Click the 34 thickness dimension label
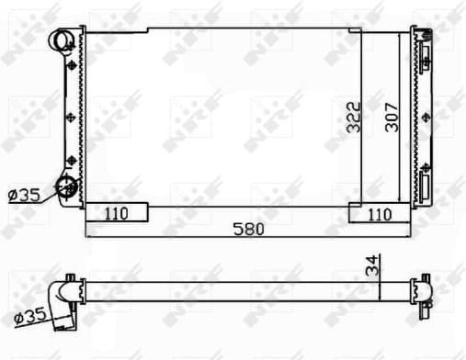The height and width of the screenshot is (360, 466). pyautogui.click(x=372, y=265)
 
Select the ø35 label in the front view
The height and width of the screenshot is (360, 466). pyautogui.click(x=23, y=195)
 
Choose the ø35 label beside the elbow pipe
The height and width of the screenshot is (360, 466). pyautogui.click(x=30, y=318)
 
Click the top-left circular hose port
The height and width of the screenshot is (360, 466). pyautogui.click(x=63, y=40)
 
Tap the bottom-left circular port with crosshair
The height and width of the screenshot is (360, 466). pyautogui.click(x=67, y=187)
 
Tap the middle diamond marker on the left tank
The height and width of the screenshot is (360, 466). pyautogui.click(x=71, y=115)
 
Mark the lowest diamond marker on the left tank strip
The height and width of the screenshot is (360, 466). pyautogui.click(x=71, y=163)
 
